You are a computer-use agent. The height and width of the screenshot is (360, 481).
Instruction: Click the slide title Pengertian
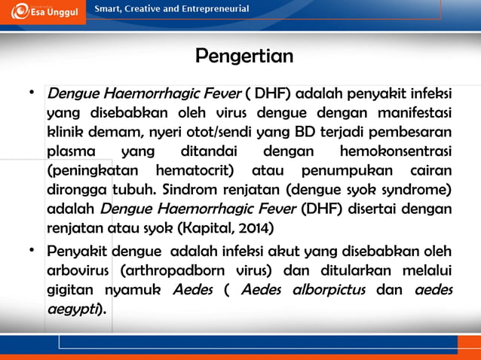(244, 56)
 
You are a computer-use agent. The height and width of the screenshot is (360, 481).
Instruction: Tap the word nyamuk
(130, 289)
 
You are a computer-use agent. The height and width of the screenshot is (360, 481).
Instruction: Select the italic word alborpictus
(329, 289)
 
